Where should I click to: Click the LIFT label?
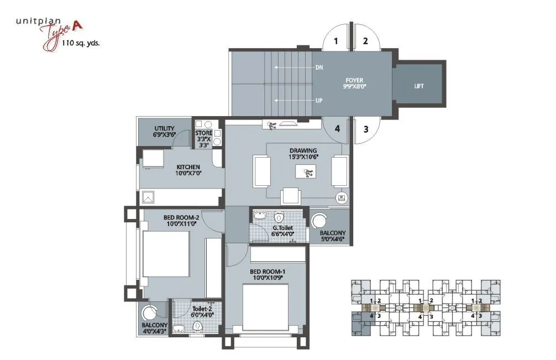419,86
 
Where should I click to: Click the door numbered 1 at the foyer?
336,40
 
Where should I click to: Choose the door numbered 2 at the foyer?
365,40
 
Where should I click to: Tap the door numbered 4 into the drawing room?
336,129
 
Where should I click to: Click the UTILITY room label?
165,128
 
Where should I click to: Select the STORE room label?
203,133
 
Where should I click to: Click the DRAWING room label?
303,150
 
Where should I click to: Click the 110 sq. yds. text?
81,42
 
